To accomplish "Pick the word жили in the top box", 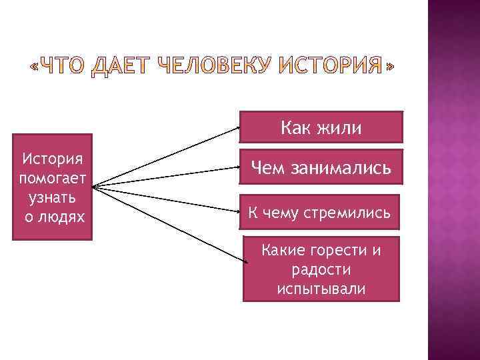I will [340, 127].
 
